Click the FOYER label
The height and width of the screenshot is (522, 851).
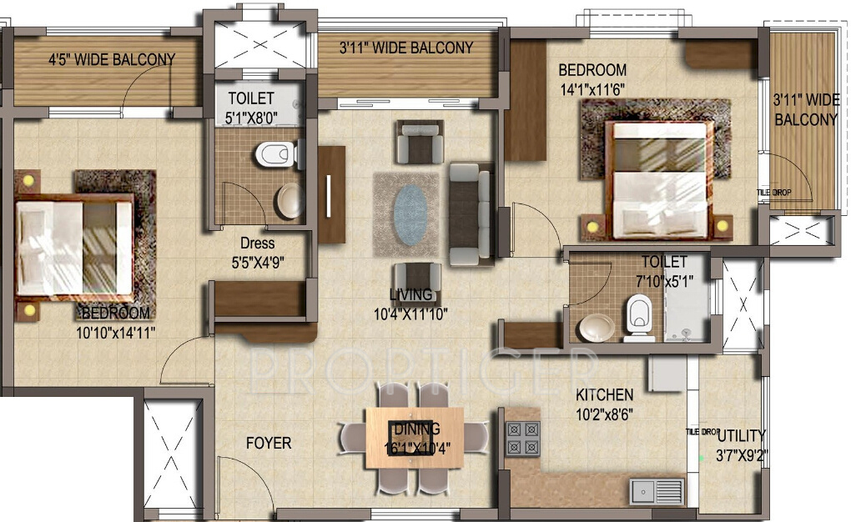coord(268,443)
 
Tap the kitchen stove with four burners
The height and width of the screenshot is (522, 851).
coord(522,439)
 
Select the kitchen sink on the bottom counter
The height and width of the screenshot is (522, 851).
coord(657,491)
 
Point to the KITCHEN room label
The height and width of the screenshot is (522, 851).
coord(604,394)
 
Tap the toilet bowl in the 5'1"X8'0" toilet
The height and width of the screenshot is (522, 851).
coord(273,153)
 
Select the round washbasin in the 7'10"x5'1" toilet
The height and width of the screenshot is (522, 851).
coord(596,327)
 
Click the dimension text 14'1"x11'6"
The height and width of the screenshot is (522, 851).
coord(594,88)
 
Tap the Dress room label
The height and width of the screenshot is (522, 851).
coord(257,243)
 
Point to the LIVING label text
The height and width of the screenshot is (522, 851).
coord(410,294)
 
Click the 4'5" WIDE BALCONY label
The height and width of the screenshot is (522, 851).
coord(111,59)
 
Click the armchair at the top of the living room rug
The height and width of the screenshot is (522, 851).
coord(419,143)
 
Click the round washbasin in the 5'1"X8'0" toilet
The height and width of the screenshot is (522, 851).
coord(290,200)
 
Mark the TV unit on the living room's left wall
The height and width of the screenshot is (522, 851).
coord(331,194)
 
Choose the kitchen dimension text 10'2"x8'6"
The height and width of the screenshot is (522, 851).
coord(604,413)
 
